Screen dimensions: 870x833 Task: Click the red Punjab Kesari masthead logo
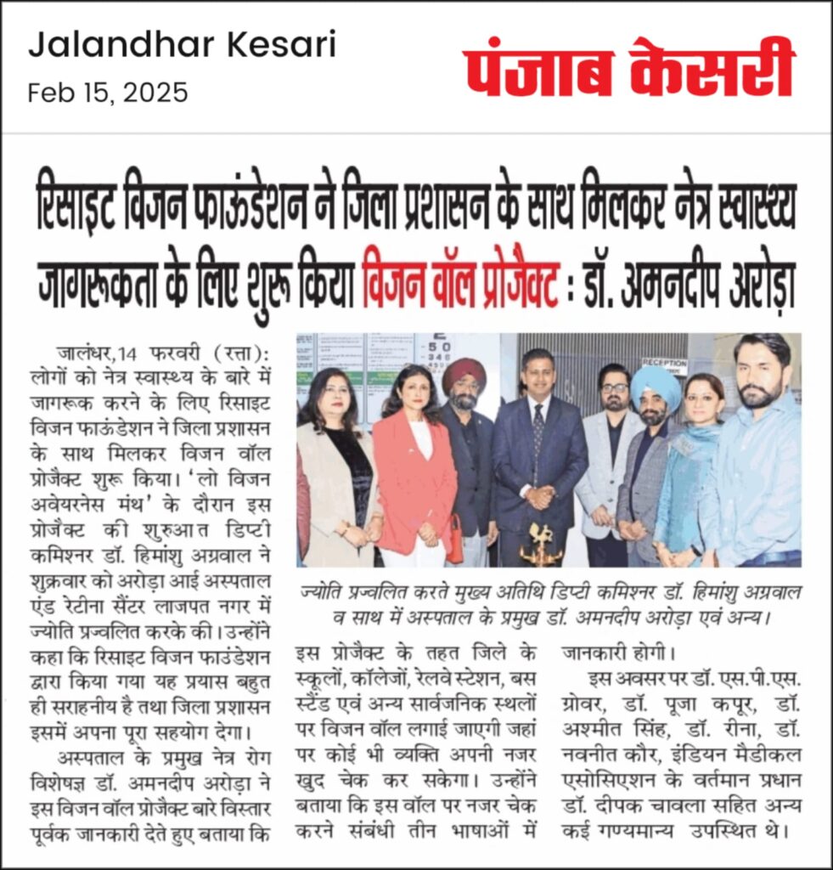(628, 68)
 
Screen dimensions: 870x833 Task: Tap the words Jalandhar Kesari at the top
(182, 44)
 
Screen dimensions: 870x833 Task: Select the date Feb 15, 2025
(108, 92)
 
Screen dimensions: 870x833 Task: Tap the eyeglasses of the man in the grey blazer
(614, 387)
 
